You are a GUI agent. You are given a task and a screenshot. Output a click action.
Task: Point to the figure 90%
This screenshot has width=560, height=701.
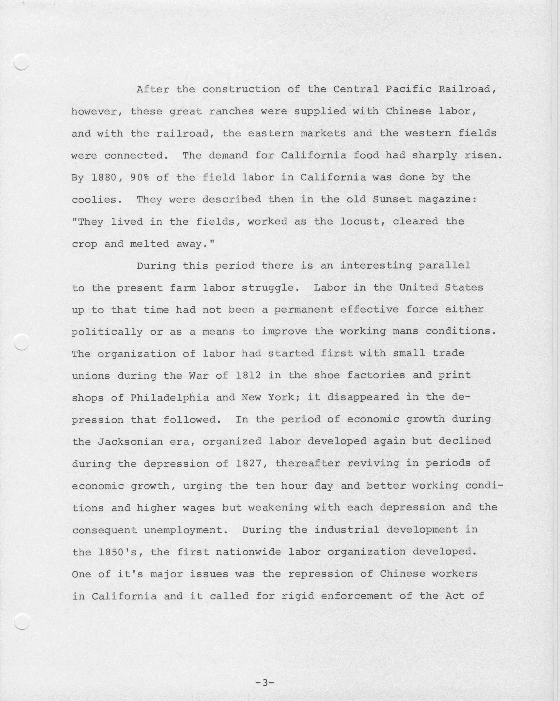pos(140,177)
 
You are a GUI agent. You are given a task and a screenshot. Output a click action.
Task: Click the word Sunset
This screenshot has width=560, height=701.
pos(392,199)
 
